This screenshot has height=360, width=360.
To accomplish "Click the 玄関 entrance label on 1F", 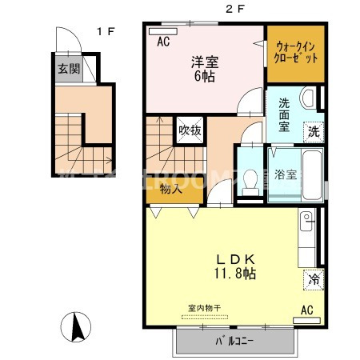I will (67, 69).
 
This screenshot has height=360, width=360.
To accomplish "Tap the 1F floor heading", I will (106, 31).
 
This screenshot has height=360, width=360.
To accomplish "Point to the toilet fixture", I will (252, 178).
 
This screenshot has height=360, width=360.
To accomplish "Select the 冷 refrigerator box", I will (314, 280).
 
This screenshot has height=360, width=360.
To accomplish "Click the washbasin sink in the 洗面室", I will (308, 100).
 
